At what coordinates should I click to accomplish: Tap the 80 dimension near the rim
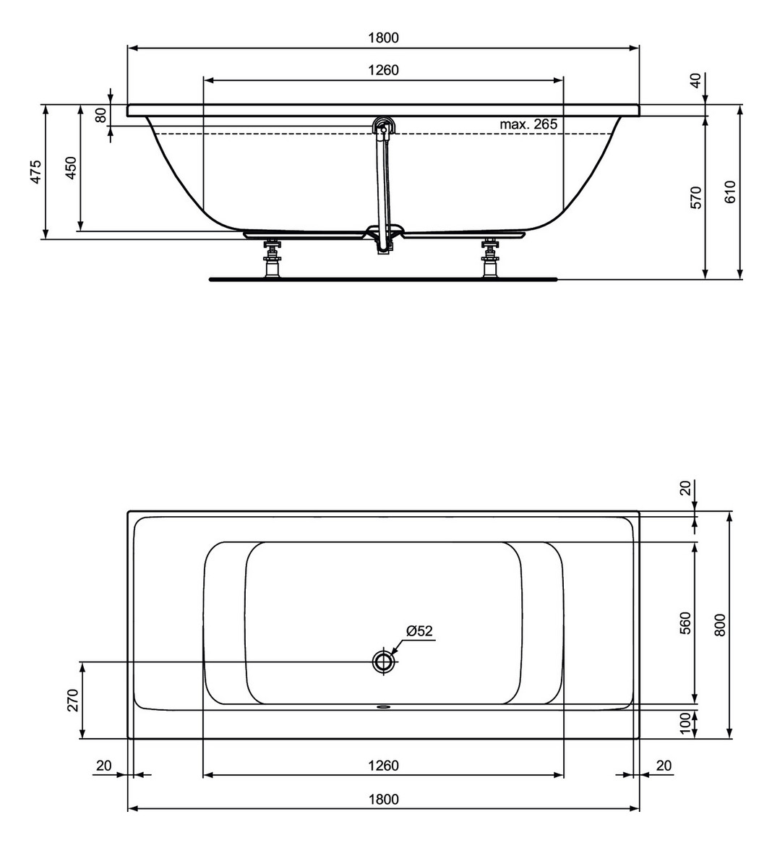[x=101, y=114]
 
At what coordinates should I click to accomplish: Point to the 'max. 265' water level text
[x=528, y=124]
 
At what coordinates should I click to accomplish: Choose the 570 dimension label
[x=695, y=196]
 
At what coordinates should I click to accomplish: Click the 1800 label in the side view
[x=383, y=38]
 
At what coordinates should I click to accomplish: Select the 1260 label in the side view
[x=383, y=70]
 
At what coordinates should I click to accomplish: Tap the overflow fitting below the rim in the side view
[x=382, y=127]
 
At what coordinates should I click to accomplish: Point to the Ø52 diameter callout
[x=419, y=631]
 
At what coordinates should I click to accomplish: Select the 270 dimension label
[x=72, y=700]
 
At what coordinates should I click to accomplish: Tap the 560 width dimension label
[x=685, y=622]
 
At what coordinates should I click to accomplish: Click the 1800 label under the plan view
[x=383, y=799]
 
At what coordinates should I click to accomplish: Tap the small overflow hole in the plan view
[x=383, y=708]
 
